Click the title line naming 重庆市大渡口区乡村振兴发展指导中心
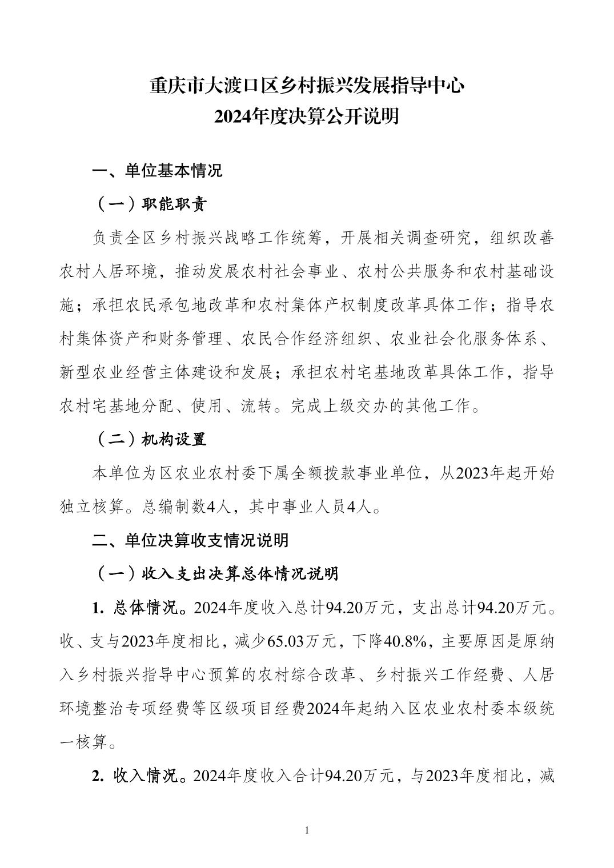coord(307,86)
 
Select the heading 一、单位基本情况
coord(158,171)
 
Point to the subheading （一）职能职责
coord(150,204)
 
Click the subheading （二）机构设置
coord(150,439)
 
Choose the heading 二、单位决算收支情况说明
coord(191,540)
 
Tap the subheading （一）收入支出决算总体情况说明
coord(216,573)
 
